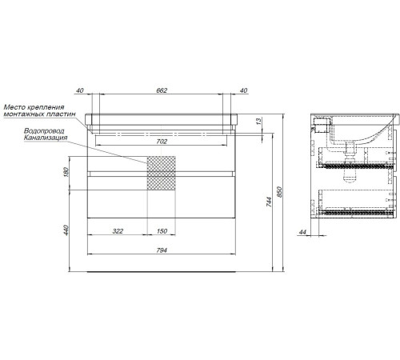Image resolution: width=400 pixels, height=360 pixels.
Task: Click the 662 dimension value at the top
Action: point(162,90)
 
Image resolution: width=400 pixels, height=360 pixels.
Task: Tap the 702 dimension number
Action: point(162,142)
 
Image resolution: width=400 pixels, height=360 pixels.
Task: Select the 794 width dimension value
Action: point(162,250)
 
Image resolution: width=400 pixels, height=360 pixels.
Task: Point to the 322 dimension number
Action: point(118,231)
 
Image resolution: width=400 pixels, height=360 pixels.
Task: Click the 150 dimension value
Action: point(162,231)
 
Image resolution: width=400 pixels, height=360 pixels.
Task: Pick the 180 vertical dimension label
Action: point(66,172)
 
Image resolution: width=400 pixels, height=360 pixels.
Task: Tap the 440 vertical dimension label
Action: point(66,230)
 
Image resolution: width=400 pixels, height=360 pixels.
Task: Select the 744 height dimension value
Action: point(269,202)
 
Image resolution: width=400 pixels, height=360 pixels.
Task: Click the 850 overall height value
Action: point(279,192)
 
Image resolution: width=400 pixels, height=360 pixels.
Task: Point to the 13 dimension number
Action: point(258,122)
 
